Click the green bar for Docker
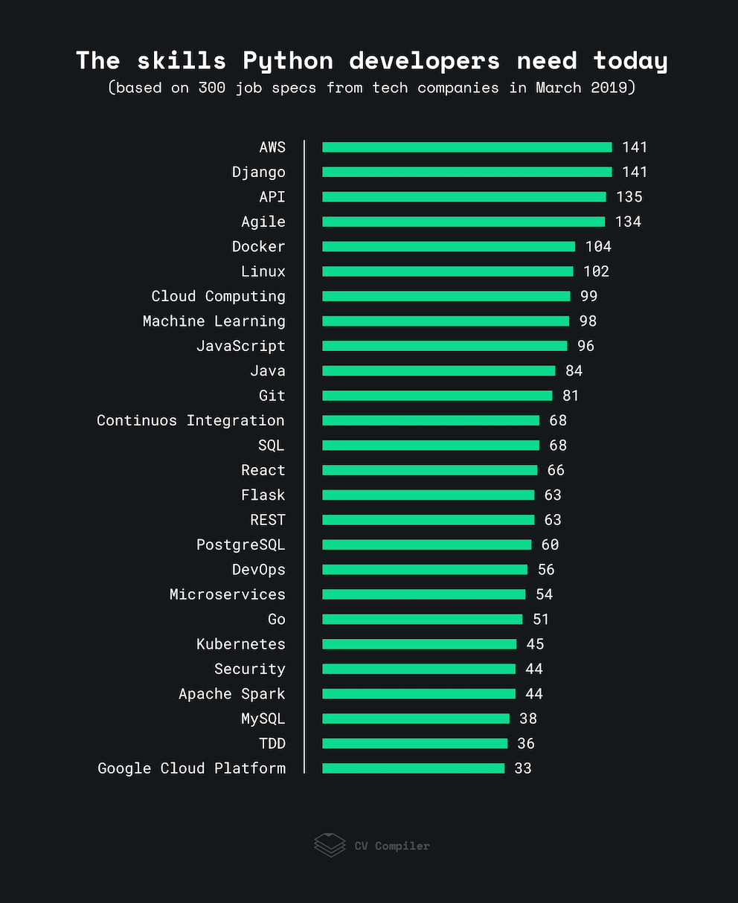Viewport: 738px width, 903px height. (x=449, y=246)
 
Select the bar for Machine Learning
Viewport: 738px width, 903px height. (x=446, y=321)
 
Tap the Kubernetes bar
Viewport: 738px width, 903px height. (x=419, y=644)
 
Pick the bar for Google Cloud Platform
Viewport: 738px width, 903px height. (x=413, y=768)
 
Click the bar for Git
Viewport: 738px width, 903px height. (x=437, y=396)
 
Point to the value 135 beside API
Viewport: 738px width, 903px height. (x=629, y=197)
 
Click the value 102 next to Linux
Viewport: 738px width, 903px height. (x=596, y=271)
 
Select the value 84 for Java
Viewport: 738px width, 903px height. (x=574, y=370)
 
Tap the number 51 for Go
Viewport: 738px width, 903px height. (x=541, y=619)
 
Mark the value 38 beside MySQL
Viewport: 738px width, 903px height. (x=528, y=719)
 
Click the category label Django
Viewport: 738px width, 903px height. (x=258, y=172)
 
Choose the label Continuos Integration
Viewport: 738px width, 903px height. (x=190, y=420)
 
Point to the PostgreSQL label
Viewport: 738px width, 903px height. (x=240, y=544)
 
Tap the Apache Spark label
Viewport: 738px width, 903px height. (x=231, y=694)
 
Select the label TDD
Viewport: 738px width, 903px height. (x=272, y=744)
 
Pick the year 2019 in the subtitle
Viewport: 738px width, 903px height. (x=608, y=88)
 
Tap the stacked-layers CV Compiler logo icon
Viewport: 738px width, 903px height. (x=330, y=845)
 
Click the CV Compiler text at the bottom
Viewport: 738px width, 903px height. (x=391, y=846)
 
